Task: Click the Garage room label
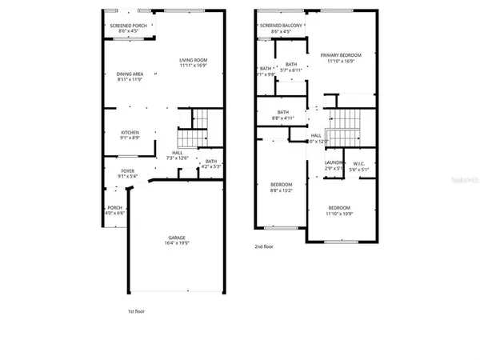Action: (178, 238)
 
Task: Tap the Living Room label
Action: (193, 60)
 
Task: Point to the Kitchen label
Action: (130, 132)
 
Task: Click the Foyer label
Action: (129, 169)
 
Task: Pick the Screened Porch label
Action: (127, 26)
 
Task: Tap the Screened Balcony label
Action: (280, 26)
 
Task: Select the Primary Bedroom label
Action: (341, 55)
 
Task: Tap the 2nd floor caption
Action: (264, 247)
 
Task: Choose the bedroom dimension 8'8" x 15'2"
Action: (281, 190)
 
